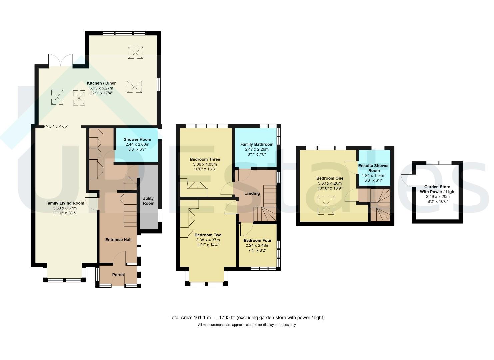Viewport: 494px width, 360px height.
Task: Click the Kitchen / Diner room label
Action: pyautogui.click(x=101, y=83)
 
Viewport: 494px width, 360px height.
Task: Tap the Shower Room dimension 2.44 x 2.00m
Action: pyautogui.click(x=137, y=144)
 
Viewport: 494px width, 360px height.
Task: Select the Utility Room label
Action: pyautogui.click(x=148, y=201)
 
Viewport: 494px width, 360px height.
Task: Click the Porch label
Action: pyautogui.click(x=118, y=275)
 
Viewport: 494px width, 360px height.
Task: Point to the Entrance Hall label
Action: pyautogui.click(x=118, y=240)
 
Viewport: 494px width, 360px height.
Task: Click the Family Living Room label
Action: pyautogui.click(x=65, y=203)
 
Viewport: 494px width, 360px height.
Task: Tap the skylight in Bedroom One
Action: pyautogui.click(x=326, y=205)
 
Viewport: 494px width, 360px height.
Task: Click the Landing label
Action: pyautogui.click(x=252, y=194)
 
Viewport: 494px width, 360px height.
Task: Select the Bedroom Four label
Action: pyautogui.click(x=257, y=241)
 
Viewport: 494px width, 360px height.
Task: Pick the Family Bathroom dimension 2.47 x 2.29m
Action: pyautogui.click(x=257, y=149)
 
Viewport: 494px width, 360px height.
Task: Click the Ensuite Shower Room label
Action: pyautogui.click(x=374, y=168)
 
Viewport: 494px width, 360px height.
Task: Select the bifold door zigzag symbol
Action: pyautogui.click(x=56, y=127)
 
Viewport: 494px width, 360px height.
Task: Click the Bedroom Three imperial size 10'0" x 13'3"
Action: pyautogui.click(x=205, y=169)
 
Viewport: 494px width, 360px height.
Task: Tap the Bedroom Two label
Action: pyautogui.click(x=208, y=235)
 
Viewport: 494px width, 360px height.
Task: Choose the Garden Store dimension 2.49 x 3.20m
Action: pyautogui.click(x=438, y=197)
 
